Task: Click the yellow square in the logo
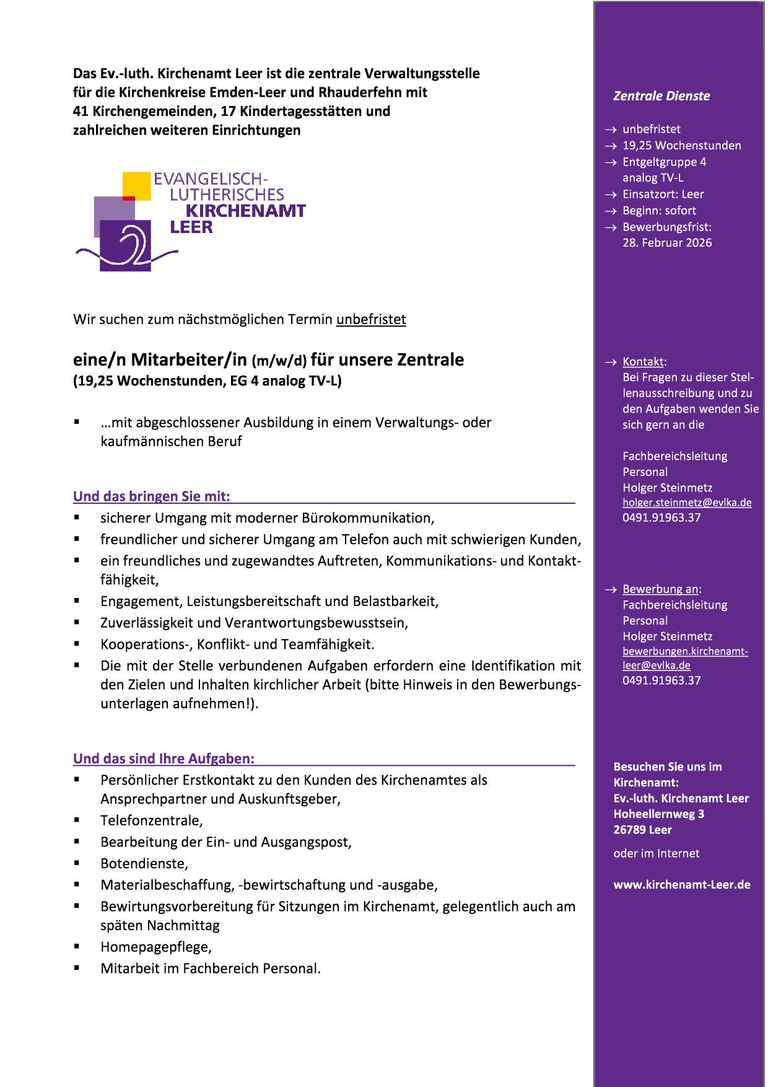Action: tap(137, 185)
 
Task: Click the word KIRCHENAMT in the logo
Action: tap(245, 211)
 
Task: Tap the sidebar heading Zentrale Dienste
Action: tap(661, 96)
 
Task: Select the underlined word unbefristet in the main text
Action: tap(371, 320)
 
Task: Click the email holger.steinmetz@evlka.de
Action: tap(687, 503)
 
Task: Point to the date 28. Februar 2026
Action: tap(667, 243)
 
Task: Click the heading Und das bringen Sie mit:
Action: tap(152, 496)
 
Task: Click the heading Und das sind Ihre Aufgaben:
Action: tap(164, 759)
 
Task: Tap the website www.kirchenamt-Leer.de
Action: tap(682, 885)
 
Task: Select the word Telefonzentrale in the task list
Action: tap(151, 821)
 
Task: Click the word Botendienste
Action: tap(143, 863)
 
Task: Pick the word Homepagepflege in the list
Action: tap(155, 947)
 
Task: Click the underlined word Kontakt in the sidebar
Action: tap(644, 362)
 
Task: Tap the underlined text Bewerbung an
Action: tap(661, 589)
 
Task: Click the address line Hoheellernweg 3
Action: tap(658, 814)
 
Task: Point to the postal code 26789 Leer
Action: tap(642, 830)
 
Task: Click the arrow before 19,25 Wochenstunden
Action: tap(611, 146)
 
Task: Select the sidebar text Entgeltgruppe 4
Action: tap(664, 162)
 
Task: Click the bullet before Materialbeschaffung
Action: tap(77, 884)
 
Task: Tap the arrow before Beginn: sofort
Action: tap(611, 211)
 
